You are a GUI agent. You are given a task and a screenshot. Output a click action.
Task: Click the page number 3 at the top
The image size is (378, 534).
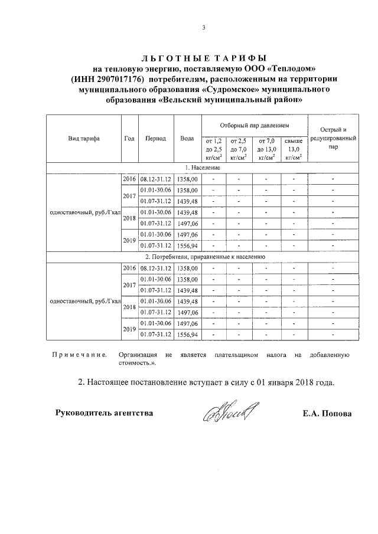[x=203, y=28]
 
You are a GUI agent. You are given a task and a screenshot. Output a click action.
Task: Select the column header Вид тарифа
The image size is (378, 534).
[x=83, y=139]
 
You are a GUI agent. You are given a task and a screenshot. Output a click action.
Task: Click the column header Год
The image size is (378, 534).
[x=129, y=139]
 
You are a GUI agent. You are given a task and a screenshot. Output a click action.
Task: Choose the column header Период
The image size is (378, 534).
[x=155, y=139]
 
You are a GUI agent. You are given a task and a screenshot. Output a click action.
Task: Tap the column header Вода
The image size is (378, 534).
[x=187, y=139]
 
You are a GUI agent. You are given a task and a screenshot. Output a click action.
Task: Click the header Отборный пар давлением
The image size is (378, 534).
[x=255, y=126]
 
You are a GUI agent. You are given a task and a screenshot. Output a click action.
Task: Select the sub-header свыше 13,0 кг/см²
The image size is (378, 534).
[x=294, y=149]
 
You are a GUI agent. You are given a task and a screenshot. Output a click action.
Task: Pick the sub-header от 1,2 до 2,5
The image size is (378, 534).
[x=213, y=149]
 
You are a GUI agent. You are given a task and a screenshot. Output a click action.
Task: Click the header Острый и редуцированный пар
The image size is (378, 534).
[x=333, y=139]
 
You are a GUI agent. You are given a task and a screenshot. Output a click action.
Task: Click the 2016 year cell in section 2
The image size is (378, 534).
[x=129, y=268]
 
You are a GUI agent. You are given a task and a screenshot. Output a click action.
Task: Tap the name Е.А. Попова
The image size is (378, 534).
[x=326, y=414]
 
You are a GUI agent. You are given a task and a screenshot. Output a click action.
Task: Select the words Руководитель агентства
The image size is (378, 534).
[x=104, y=412]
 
